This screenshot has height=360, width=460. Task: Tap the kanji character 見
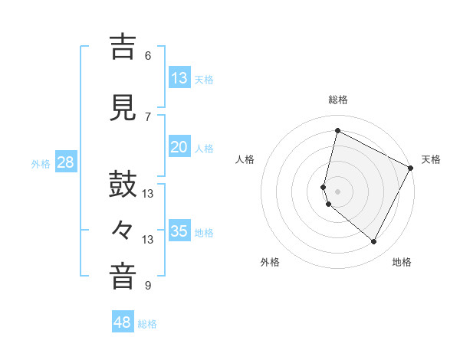coord(123,109)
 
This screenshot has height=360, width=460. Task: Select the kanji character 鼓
coord(123,187)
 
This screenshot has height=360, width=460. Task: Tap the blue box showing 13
coord(179,78)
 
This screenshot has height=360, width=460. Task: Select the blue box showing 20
coord(179,147)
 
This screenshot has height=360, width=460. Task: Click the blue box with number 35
coord(179,231)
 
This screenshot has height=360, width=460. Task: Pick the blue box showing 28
coord(65,162)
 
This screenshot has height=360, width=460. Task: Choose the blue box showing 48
coord(123,322)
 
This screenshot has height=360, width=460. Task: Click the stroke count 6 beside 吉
coord(148,56)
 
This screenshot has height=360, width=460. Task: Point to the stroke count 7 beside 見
coord(148,116)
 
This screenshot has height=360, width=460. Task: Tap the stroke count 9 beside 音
coord(148,286)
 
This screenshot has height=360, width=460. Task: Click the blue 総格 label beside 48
coord(147,324)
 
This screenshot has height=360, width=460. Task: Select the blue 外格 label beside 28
coord(40,164)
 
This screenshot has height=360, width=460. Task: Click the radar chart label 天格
coord(431,159)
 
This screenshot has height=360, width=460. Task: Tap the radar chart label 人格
coord(245,159)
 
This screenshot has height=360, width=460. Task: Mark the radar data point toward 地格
coord(373,242)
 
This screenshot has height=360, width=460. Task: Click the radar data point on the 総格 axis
coord(337,131)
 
